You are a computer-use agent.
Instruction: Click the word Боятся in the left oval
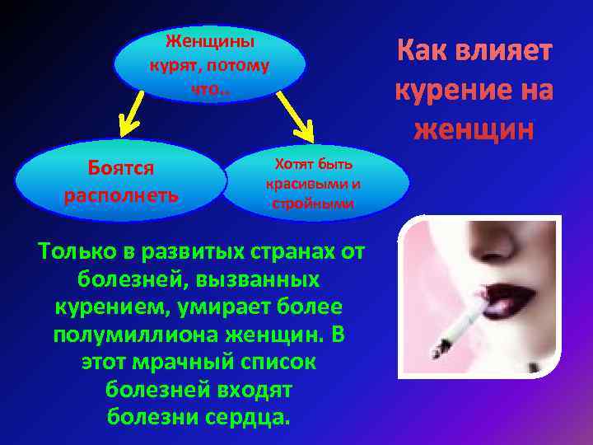120,168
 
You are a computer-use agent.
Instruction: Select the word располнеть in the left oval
120,197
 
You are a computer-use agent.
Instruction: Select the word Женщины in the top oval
210,41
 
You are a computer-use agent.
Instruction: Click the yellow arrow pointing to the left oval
130,114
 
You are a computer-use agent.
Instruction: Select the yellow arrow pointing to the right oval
297,116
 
